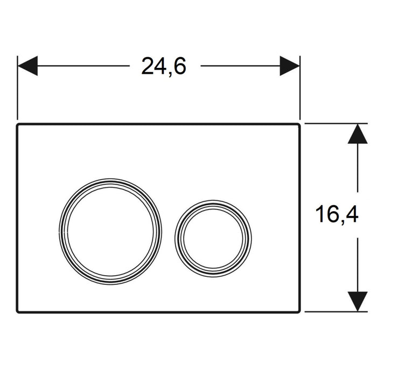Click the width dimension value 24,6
click(164, 66)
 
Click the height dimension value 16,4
click(337, 214)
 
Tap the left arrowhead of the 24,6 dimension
click(28, 66)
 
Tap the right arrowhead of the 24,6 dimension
click(290, 66)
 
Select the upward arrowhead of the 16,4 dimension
click(358, 134)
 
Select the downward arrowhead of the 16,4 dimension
click(358, 302)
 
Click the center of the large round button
click(110, 232)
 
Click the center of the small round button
click(213, 239)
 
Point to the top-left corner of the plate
click(17, 124)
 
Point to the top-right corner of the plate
click(300, 124)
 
